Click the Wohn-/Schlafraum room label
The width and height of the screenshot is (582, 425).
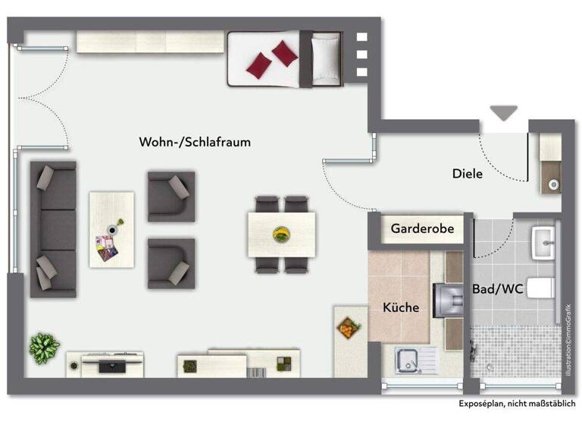(195, 142)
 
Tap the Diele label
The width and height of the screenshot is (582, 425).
(468, 173)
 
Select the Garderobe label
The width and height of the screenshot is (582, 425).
(422, 228)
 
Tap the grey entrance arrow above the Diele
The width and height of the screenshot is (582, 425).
(503, 113)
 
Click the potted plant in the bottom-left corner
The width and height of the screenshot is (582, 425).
(44, 347)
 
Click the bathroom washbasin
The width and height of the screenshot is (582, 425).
(545, 242)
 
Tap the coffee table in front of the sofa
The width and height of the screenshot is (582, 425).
(111, 228)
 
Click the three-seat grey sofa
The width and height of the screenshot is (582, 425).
(54, 228)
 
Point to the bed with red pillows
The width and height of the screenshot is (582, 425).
(284, 58)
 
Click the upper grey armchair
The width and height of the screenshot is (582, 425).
(171, 196)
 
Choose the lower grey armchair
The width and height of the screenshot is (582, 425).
(171, 263)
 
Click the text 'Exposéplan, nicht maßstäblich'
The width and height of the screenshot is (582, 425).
(517, 404)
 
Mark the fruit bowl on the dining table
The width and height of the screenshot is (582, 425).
(281, 234)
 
